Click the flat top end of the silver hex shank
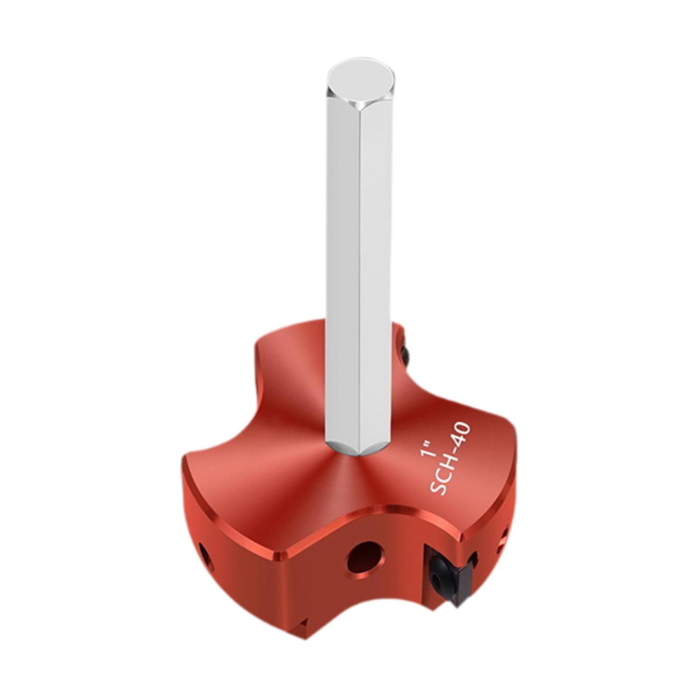click(361, 83)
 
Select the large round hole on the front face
click(365, 557)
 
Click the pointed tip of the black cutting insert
click(457, 603)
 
